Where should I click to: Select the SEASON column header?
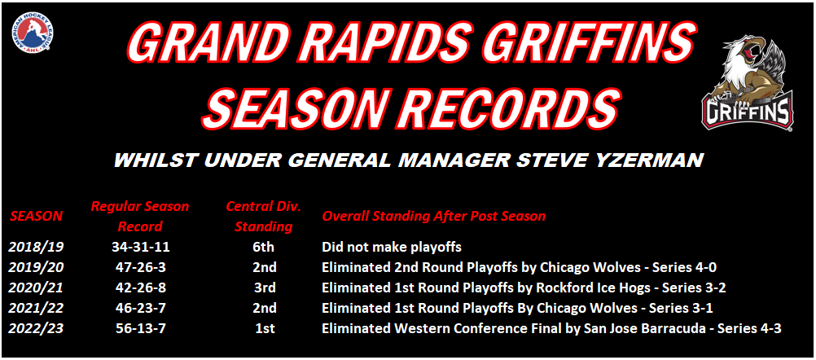36,216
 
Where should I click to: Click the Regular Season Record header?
140,216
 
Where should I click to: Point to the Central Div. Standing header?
263,216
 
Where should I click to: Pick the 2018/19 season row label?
36,247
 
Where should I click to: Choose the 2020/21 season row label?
36,288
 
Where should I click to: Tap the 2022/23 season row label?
36,328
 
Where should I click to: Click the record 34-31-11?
140,247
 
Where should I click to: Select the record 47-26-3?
140,267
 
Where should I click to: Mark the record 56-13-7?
140,328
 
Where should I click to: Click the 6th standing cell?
263,247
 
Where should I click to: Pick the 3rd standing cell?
263,288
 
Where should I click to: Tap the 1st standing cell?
263,328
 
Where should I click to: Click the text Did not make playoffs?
393,248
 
